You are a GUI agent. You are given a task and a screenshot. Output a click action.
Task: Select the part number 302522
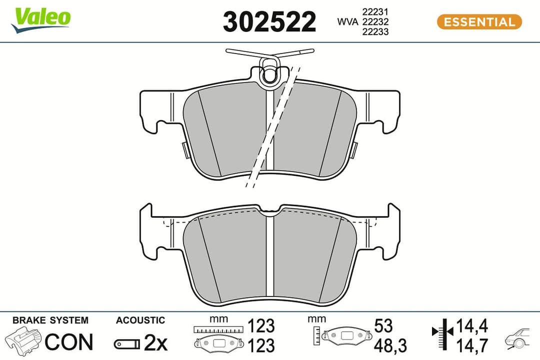point(269,22)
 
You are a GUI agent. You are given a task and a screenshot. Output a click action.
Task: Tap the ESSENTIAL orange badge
point(479,22)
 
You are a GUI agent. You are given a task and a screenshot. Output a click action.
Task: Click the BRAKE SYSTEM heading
point(50,320)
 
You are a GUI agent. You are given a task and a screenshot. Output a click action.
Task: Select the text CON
point(69,342)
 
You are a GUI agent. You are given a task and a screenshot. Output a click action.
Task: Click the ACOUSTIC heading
point(140,320)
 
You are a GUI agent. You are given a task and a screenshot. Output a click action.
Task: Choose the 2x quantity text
point(155,342)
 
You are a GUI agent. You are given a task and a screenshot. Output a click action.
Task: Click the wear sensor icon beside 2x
point(127,343)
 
